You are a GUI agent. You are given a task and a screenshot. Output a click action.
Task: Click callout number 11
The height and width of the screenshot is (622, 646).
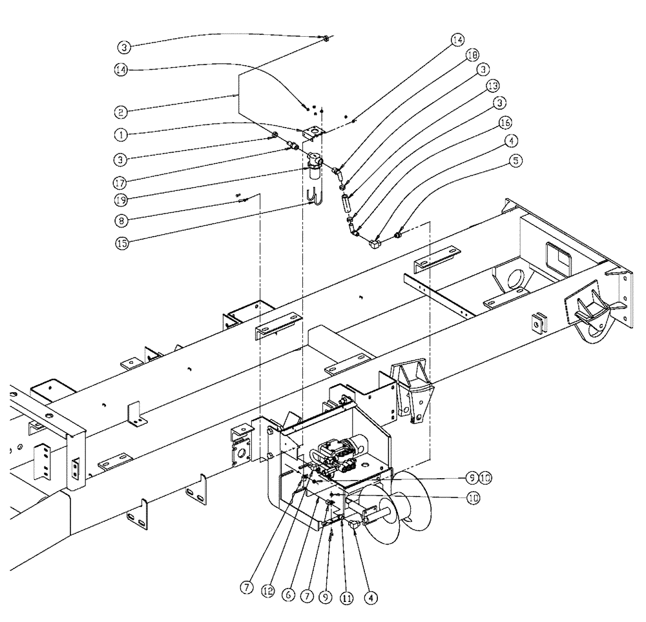pyautogui.click(x=347, y=597)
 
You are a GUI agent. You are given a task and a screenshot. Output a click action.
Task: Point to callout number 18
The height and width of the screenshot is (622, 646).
pyautogui.click(x=469, y=55)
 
